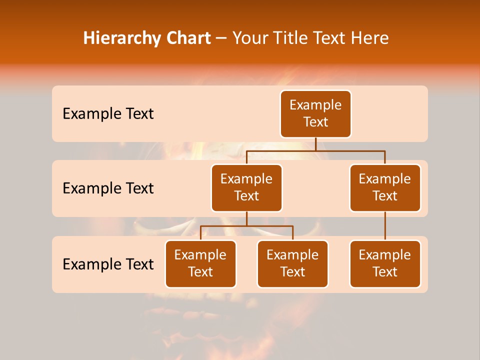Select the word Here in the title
[368, 38]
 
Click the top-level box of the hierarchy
[315, 113]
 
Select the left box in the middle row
[246, 187]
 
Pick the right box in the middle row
[385, 187]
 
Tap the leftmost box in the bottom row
[200, 263]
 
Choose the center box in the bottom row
[292, 263]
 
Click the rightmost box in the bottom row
[385, 263]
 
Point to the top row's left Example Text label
[108, 114]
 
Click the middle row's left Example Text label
[108, 188]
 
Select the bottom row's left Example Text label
[108, 264]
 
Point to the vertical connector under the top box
[315, 144]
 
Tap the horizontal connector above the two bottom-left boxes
[246, 226]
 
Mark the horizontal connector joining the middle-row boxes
[315, 150]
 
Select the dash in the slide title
[221, 38]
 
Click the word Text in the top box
[315, 122]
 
